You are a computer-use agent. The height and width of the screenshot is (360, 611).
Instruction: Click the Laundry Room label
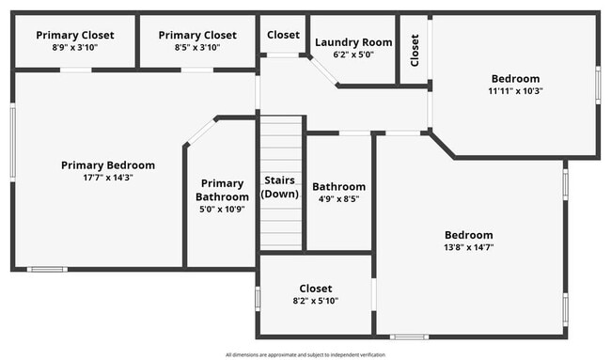(352, 42)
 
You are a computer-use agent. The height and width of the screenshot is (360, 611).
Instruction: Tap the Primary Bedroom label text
(108, 165)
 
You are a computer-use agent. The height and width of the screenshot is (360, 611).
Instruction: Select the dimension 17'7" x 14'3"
(108, 178)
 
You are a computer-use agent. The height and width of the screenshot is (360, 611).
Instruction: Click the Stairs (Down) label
(281, 187)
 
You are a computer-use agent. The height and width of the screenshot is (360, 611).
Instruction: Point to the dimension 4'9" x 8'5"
(338, 199)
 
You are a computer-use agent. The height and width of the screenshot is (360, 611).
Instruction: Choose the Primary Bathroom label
(222, 190)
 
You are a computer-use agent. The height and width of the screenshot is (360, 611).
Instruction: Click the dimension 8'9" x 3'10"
(75, 47)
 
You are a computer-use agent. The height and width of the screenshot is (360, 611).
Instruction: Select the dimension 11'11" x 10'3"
(515, 91)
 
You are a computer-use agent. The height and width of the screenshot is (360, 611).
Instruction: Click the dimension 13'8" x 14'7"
(468, 247)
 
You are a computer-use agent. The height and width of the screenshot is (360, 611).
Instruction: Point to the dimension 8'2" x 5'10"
(315, 301)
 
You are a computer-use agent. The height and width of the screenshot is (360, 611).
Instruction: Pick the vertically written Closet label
(415, 50)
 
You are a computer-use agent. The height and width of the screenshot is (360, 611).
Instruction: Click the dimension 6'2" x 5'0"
(352, 55)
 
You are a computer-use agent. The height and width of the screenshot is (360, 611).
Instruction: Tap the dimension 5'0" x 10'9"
(222, 210)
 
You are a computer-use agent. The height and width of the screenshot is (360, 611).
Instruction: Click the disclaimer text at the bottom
(305, 354)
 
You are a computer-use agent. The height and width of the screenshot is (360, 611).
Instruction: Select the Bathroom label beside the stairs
(338, 187)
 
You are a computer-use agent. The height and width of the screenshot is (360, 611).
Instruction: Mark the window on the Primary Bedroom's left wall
(13, 141)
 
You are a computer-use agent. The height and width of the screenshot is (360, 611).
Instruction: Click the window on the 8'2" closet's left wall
(258, 297)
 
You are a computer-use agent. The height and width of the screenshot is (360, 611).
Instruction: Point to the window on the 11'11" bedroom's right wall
(598, 85)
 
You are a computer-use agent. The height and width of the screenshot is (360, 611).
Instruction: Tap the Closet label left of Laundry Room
(283, 34)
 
